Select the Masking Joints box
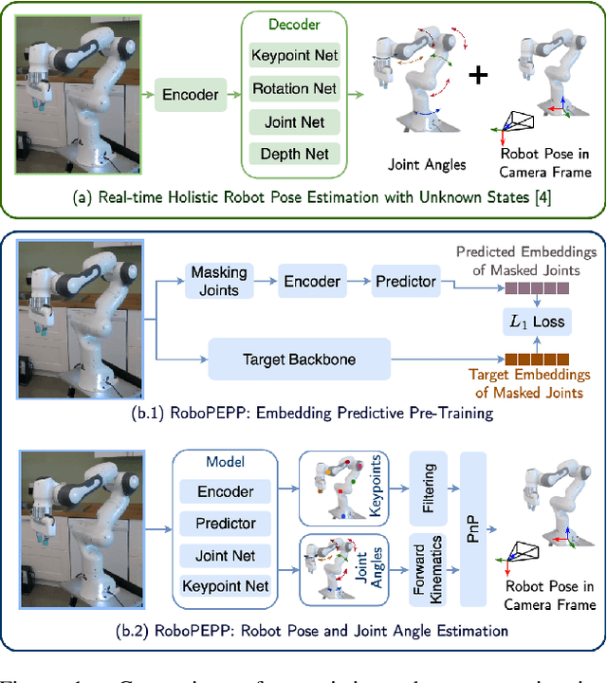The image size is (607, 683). (x=218, y=281)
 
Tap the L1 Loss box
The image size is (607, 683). (x=536, y=322)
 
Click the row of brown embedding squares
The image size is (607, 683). (x=537, y=360)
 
